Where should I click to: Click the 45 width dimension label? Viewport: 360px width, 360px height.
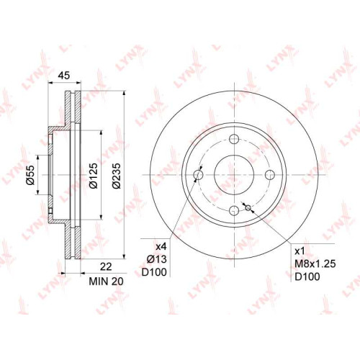64,76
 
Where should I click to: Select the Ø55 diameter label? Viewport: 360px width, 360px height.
31,175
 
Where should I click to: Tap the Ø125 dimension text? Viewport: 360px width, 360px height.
94,175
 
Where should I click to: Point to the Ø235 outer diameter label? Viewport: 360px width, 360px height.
117,176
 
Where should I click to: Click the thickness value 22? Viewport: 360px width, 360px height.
106,266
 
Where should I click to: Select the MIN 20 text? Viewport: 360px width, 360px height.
106,282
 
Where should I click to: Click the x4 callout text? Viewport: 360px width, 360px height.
161,246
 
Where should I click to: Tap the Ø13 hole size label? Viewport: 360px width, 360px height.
156,259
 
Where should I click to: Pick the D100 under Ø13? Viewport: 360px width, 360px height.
154,272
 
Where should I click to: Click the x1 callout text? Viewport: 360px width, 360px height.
300,251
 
